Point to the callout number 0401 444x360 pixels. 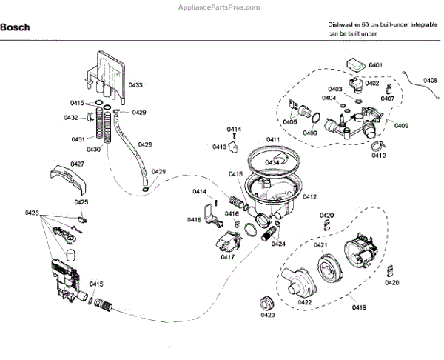[x=376, y=65]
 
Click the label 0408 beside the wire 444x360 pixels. [x=430, y=80]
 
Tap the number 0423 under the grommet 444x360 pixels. [x=267, y=316]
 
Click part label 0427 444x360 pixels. [x=77, y=164]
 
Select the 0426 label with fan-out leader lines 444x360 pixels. [x=32, y=213]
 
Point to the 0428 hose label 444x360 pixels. [x=145, y=144]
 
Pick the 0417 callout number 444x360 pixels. [x=227, y=257]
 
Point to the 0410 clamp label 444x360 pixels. [x=378, y=156]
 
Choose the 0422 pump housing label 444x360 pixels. [x=303, y=302]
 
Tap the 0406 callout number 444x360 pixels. [x=309, y=133]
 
